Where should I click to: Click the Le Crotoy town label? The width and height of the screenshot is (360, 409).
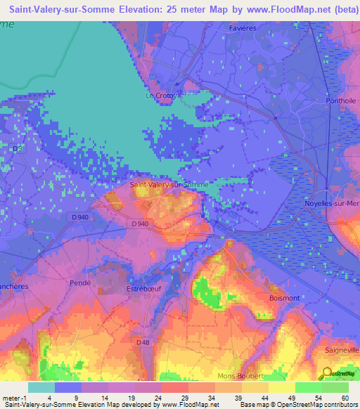pos(158,96)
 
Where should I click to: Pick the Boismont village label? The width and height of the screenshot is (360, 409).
pos(285,298)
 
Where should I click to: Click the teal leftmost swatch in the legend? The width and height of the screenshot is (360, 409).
pos(41,387)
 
